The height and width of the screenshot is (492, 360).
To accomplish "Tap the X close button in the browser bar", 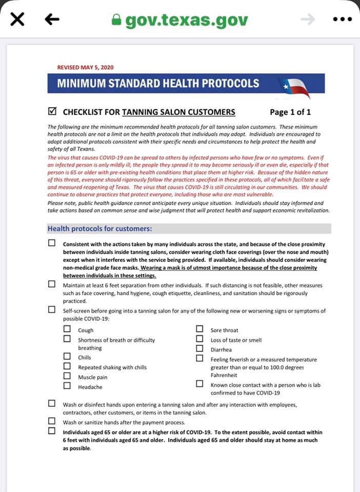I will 17,19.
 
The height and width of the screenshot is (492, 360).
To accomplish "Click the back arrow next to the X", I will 52,19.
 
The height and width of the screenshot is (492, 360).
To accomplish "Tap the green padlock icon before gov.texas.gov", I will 116,20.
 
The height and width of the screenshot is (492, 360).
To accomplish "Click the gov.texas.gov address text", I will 187,20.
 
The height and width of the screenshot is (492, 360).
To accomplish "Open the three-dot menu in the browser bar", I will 342,19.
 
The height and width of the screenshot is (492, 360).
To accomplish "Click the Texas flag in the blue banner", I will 293,87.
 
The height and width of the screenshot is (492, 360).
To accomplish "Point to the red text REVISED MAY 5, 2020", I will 85,67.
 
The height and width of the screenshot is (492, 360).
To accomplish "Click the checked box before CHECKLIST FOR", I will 52,111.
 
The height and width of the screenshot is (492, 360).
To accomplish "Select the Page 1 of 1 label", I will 290,112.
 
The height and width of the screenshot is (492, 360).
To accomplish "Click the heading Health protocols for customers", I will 99,229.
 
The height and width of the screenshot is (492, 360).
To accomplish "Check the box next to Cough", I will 67,329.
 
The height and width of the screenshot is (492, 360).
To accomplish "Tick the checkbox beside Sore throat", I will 200,329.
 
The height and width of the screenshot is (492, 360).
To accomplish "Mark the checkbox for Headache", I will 67,385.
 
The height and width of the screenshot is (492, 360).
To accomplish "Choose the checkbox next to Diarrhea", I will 200,348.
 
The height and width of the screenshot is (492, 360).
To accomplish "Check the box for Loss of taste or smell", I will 200,339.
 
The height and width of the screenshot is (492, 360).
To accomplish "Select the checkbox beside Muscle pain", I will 67,376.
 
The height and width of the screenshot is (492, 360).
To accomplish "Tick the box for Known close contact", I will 200,383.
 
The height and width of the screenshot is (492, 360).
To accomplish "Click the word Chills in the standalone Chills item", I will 85,358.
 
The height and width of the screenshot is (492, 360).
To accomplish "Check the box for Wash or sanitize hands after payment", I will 52,421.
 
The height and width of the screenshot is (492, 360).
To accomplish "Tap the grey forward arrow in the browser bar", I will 307,19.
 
